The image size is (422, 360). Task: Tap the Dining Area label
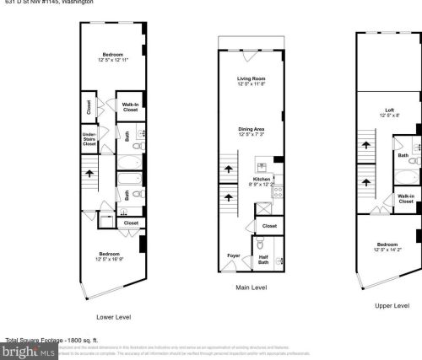(x=252, y=128)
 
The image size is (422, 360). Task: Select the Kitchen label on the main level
(x=260, y=179)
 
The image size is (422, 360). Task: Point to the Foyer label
(x=233, y=255)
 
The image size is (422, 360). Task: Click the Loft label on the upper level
(x=389, y=110)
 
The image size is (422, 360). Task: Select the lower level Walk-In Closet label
(x=130, y=107)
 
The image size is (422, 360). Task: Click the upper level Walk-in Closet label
(x=405, y=200)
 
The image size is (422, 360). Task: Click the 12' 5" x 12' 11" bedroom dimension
(x=112, y=60)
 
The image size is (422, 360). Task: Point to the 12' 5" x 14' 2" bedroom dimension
(x=389, y=249)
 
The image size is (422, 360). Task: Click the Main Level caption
(x=252, y=287)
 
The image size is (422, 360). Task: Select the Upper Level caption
(x=390, y=305)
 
